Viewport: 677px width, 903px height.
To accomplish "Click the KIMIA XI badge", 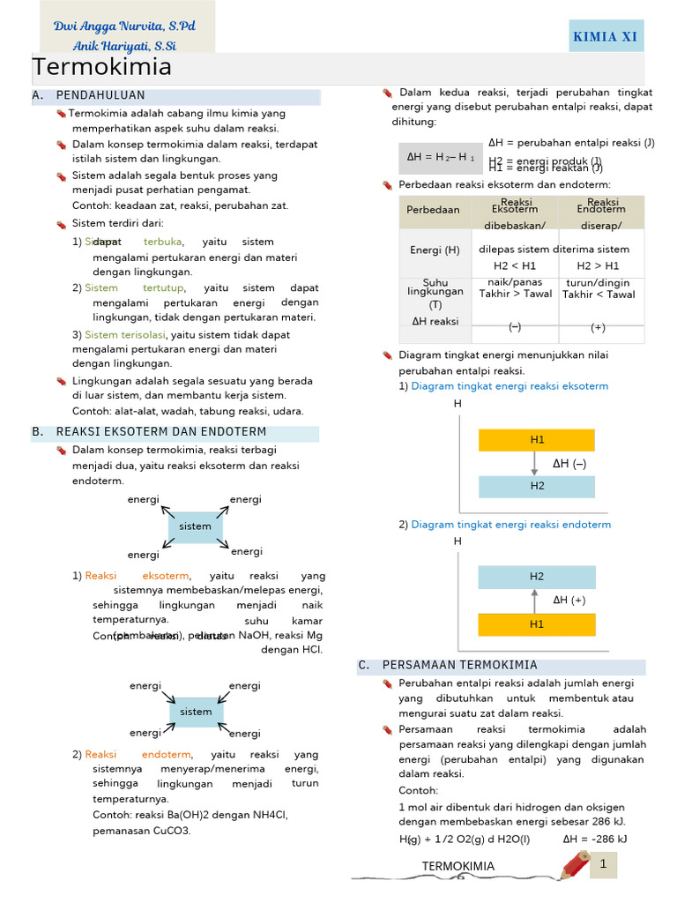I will pos(605,36).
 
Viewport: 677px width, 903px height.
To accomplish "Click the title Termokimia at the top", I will pos(102,68).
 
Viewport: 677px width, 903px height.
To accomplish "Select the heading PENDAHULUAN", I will pos(100,95).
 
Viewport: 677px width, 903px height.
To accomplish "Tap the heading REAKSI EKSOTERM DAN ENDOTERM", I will pos(160,432).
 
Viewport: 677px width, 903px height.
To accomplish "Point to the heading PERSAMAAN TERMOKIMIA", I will pos(459,665).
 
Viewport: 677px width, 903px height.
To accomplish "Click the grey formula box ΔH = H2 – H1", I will pos(440,157).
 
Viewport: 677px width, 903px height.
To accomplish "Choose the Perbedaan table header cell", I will pos(433,210).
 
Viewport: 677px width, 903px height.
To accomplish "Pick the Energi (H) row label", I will pos(435,250).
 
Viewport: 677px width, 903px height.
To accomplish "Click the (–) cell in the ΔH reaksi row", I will pos(515,327).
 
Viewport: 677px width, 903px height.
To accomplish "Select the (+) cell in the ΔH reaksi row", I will pos(598,327).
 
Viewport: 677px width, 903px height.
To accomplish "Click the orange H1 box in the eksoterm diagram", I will pos(537,439).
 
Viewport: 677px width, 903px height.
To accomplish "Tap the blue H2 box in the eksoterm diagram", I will pos(537,485).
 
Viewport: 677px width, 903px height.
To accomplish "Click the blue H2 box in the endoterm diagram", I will pos(537,577).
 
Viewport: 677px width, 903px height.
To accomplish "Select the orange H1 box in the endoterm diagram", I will pos(537,623).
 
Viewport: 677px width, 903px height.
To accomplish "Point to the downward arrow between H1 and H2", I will pos(534,463).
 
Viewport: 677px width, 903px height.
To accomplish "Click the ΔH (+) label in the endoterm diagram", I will pos(569,601).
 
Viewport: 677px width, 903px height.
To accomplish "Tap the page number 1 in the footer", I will pos(604,865).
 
